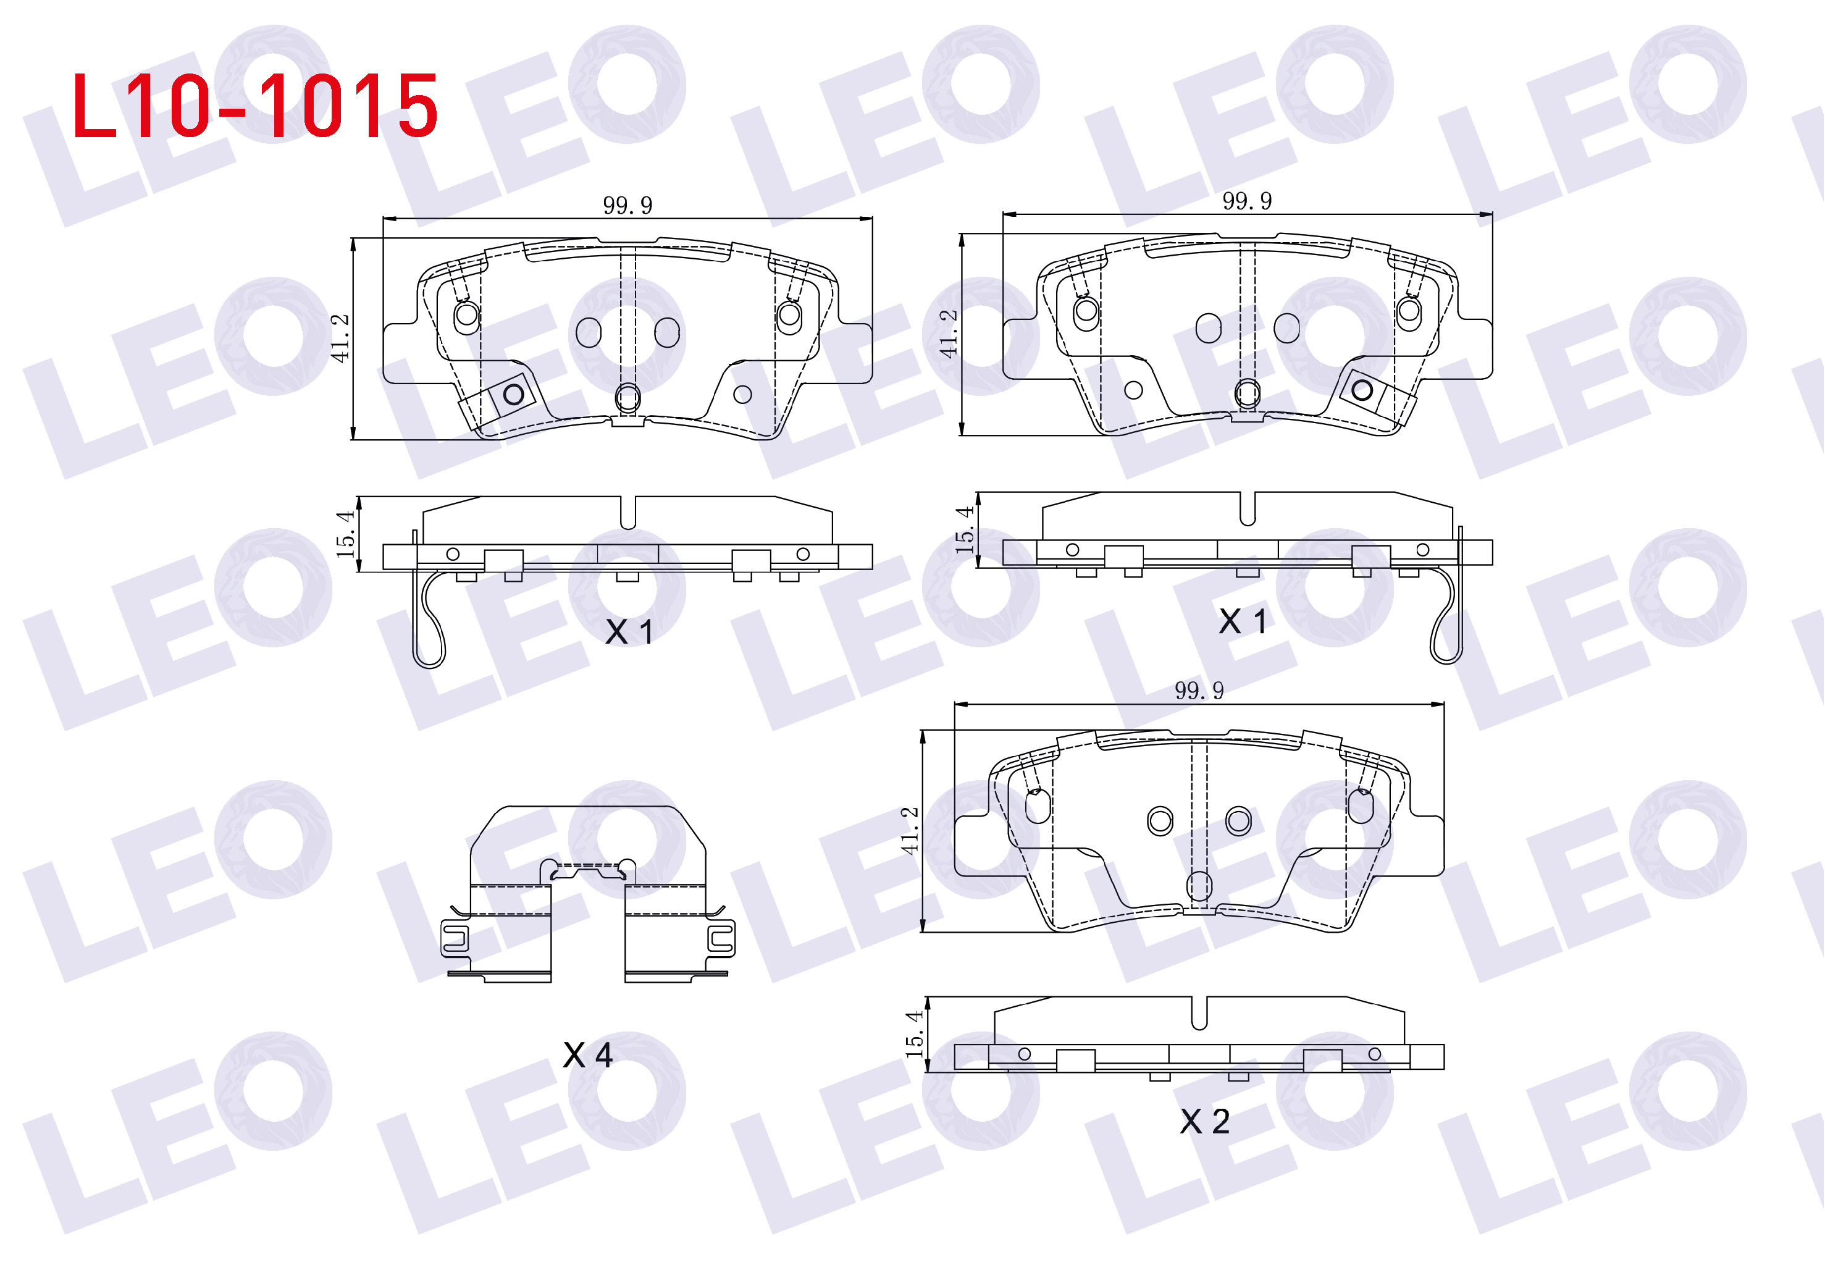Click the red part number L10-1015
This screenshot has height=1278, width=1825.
[254, 106]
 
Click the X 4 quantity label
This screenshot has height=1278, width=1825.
[587, 1056]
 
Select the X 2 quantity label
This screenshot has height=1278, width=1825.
[1204, 1122]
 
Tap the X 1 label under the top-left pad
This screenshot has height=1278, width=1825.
[629, 632]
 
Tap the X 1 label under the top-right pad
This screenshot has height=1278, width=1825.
[1243, 621]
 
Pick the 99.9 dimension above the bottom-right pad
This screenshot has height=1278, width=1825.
[1199, 690]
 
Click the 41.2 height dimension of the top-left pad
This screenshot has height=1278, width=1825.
[340, 338]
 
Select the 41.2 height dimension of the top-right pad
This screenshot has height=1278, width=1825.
[948, 334]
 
